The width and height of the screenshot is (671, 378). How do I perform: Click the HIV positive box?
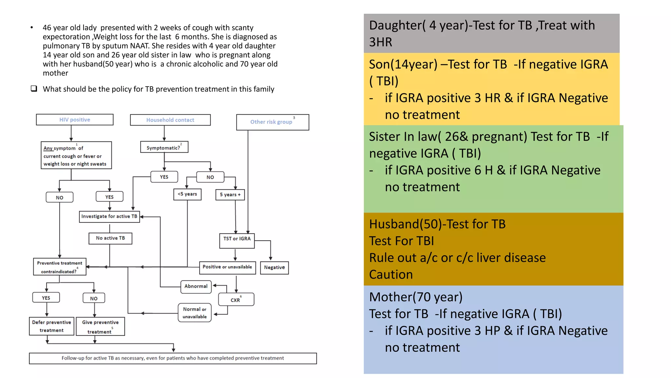pyautogui.click(x=75, y=120)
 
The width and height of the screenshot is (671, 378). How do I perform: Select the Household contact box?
pyautogui.click(x=170, y=120)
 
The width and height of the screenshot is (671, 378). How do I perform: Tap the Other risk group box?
pyautogui.click(x=272, y=122)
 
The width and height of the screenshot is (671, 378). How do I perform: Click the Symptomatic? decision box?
pyautogui.click(x=164, y=147)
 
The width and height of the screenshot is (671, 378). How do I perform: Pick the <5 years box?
pyautogui.click(x=187, y=194)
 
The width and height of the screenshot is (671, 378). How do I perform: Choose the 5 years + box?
pyautogui.click(x=230, y=195)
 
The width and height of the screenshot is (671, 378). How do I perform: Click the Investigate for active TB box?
pyautogui.click(x=109, y=217)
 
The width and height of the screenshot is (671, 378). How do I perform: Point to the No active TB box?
pyautogui.click(x=110, y=238)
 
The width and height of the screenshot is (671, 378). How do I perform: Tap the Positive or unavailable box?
pyautogui.click(x=227, y=267)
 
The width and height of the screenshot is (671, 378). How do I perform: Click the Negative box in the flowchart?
pyautogui.click(x=274, y=268)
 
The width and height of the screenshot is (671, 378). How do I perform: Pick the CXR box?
pyautogui.click(x=236, y=300)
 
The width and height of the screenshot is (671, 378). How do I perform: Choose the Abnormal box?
pyautogui.click(x=196, y=286)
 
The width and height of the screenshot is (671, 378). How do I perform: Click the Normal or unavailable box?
pyautogui.click(x=195, y=313)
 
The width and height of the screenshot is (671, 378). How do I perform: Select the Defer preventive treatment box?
pyautogui.click(x=52, y=326)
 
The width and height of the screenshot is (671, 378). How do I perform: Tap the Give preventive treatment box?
pyautogui.click(x=100, y=326)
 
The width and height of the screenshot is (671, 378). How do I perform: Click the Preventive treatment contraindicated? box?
pyautogui.click(x=60, y=267)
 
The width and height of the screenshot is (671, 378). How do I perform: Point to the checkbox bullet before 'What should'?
pyautogui.click(x=34, y=89)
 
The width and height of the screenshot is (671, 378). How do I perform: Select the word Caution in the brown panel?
pyautogui.click(x=391, y=275)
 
